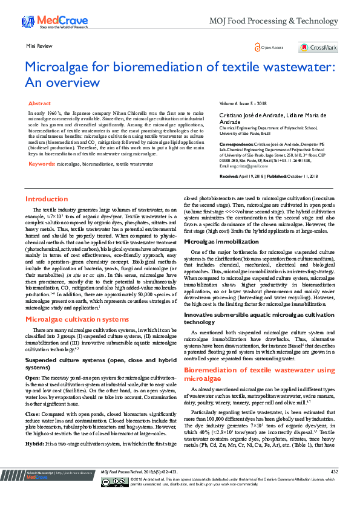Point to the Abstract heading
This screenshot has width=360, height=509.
pos(39,104)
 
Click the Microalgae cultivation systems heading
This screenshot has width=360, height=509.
pos(77,319)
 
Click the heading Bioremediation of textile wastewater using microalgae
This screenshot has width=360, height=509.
pos(259,374)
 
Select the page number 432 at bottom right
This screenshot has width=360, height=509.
pos(334,488)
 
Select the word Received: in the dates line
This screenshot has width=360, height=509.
pos(231,158)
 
